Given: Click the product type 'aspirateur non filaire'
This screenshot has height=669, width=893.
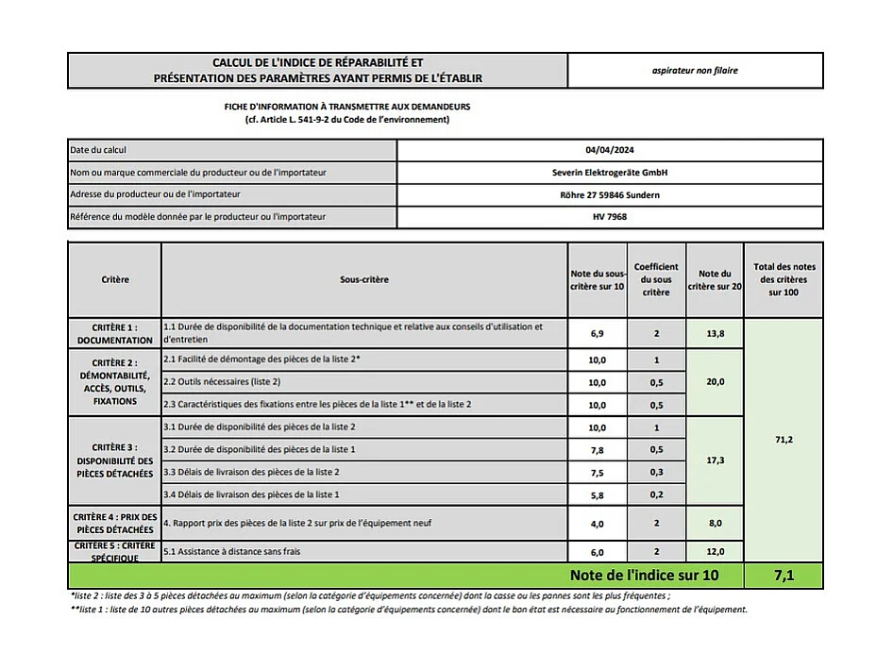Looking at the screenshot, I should coord(695,71).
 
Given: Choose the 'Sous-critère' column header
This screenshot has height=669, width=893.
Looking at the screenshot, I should coord(364,279).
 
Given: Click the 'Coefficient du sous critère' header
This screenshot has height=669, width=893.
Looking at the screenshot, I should coord(656,279).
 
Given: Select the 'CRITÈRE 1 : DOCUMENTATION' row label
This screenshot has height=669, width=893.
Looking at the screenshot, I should coord(114,334).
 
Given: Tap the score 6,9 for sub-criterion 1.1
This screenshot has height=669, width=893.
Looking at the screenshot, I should coord(597,334).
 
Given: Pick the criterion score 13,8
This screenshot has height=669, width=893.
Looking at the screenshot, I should coord(715,334).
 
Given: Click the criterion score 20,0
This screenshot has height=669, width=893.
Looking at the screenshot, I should coord(715,382).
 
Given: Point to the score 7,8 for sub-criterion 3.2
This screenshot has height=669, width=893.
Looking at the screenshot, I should coord(597,449).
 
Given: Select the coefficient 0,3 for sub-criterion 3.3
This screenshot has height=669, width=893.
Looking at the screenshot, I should coord(656,472).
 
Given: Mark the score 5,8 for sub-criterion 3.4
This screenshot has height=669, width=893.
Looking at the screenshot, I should coord(597,494).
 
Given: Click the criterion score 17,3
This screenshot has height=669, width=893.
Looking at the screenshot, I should coord(715,460).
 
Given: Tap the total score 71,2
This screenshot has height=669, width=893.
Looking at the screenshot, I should coord(783,440).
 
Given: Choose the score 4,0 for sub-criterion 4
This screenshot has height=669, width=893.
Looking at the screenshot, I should coord(597,523).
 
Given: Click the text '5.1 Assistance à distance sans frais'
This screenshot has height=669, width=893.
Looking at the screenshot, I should coord(232,551).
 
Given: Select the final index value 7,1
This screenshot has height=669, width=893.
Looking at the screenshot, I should coord(783,575).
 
